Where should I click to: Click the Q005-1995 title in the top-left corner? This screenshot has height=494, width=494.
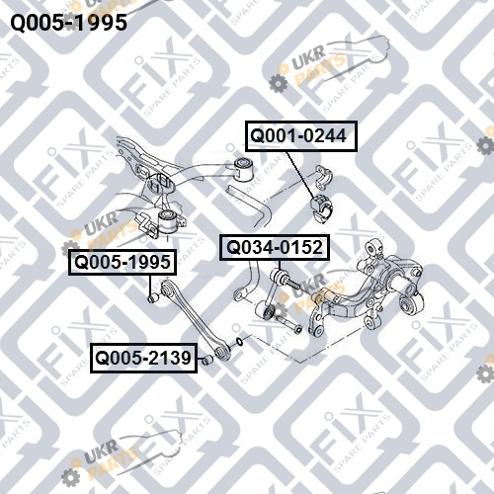point(69,23)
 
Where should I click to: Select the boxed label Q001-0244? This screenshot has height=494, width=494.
point(301,136)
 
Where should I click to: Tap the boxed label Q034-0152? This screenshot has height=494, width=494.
point(275,247)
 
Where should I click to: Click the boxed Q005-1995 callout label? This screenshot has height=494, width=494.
point(123,262)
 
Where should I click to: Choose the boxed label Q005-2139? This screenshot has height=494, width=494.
point(143,358)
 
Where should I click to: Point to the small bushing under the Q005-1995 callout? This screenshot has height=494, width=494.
point(153,297)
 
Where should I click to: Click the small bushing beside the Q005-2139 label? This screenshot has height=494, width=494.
point(207,360)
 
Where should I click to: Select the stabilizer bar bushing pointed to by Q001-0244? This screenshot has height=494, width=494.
point(321,208)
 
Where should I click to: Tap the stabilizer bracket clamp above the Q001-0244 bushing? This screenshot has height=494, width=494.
point(324,177)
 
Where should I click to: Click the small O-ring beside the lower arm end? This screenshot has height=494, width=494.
point(240,342)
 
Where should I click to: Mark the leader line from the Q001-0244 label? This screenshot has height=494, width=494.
point(300,175)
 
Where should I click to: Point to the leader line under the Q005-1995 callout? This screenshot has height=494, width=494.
point(150,284)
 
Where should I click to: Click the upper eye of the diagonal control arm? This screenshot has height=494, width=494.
point(166,288)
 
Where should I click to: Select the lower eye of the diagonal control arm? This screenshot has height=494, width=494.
point(221,352)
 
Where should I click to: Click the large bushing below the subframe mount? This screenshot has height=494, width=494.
point(168,220)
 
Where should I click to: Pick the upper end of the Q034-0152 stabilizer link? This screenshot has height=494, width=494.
point(276,276)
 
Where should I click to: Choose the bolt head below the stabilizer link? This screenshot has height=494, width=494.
point(298,328)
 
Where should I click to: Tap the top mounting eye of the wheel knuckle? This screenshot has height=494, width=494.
point(374,246)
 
